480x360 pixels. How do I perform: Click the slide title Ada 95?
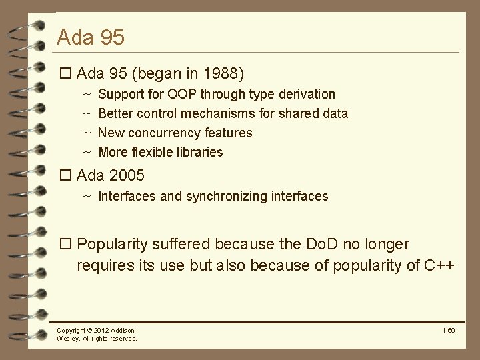tap(91, 37)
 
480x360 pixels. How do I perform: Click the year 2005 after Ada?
tap(126, 177)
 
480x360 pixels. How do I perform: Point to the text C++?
tap(439, 265)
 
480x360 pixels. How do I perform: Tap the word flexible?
tap(152, 152)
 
